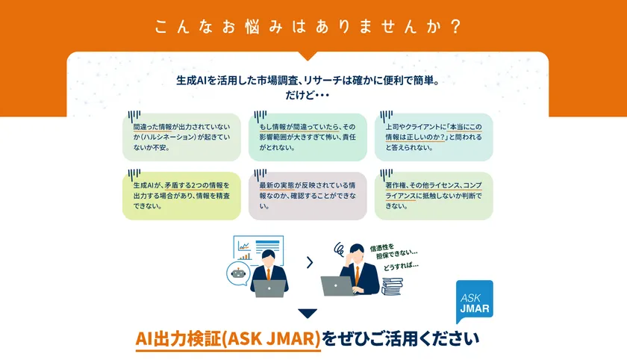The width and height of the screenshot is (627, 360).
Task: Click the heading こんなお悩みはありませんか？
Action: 307,27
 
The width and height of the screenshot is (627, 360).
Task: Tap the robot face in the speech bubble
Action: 238,274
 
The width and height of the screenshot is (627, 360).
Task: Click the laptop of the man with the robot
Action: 269,288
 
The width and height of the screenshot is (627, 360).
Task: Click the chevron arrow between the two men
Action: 309,262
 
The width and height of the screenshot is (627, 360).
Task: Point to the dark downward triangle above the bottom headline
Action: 307,314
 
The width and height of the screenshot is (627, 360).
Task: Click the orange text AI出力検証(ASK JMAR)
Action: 228,338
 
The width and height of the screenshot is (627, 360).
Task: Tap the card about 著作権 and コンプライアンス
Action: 434,196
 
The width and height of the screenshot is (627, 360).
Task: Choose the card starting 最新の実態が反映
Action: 308,196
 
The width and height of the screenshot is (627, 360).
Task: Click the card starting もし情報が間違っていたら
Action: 308,137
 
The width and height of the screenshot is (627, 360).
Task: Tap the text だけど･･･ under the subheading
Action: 307,96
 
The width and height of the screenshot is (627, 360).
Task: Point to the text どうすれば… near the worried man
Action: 402,265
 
